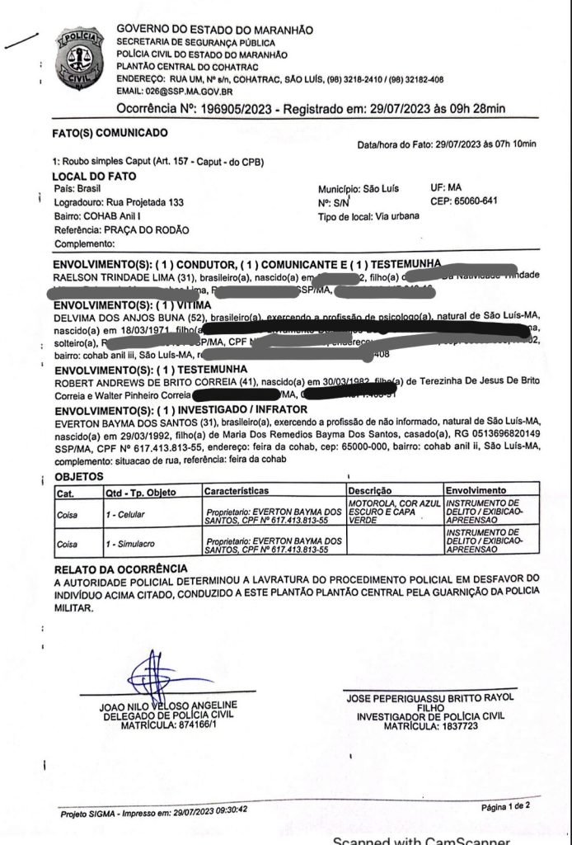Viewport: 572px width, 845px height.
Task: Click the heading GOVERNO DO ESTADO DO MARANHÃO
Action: [214, 30]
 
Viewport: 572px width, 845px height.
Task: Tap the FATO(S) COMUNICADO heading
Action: [110, 134]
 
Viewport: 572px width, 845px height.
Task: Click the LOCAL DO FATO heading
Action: [94, 177]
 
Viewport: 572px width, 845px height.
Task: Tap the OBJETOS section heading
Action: [78, 477]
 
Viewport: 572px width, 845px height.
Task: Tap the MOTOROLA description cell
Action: [393, 512]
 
